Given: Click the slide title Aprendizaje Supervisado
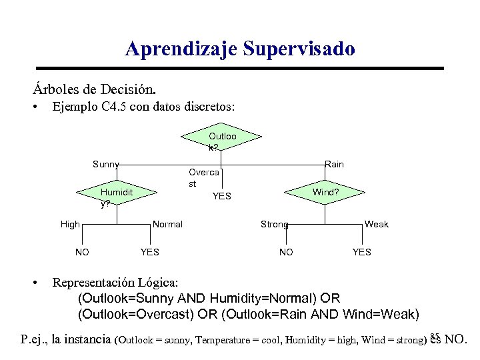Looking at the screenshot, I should [240, 49].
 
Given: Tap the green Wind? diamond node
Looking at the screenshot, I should [325, 192].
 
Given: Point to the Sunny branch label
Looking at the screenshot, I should [105, 165].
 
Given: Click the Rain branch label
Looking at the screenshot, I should [334, 165].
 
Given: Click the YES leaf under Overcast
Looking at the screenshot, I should [221, 196].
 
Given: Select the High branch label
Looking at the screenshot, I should [70, 225].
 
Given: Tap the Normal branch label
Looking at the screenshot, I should [167, 225].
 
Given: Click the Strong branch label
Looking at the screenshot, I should [274, 225].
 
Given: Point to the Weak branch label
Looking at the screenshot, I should [376, 225].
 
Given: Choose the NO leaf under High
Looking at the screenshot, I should [82, 252].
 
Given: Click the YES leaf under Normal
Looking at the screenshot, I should [149, 252].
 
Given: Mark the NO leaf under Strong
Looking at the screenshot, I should [286, 252].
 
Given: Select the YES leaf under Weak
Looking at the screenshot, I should [361, 252].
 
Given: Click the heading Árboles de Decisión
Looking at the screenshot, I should [94, 89].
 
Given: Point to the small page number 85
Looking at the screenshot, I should [435, 335].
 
